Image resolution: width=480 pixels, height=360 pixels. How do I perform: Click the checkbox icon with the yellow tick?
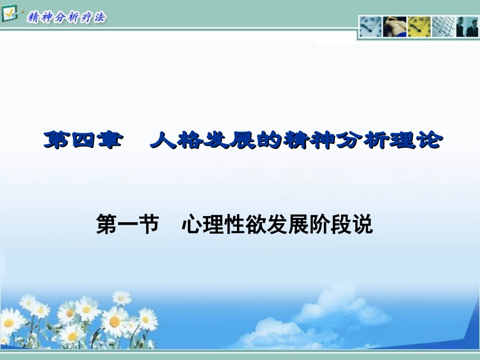[10, 13]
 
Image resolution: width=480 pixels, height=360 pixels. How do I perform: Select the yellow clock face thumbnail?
[419, 27]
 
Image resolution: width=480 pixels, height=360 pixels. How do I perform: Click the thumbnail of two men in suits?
[467, 27]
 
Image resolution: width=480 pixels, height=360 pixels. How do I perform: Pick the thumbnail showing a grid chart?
[443, 27]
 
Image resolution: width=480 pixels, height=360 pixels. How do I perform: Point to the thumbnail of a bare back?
[394, 27]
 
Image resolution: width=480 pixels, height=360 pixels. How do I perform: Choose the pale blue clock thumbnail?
[370, 27]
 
